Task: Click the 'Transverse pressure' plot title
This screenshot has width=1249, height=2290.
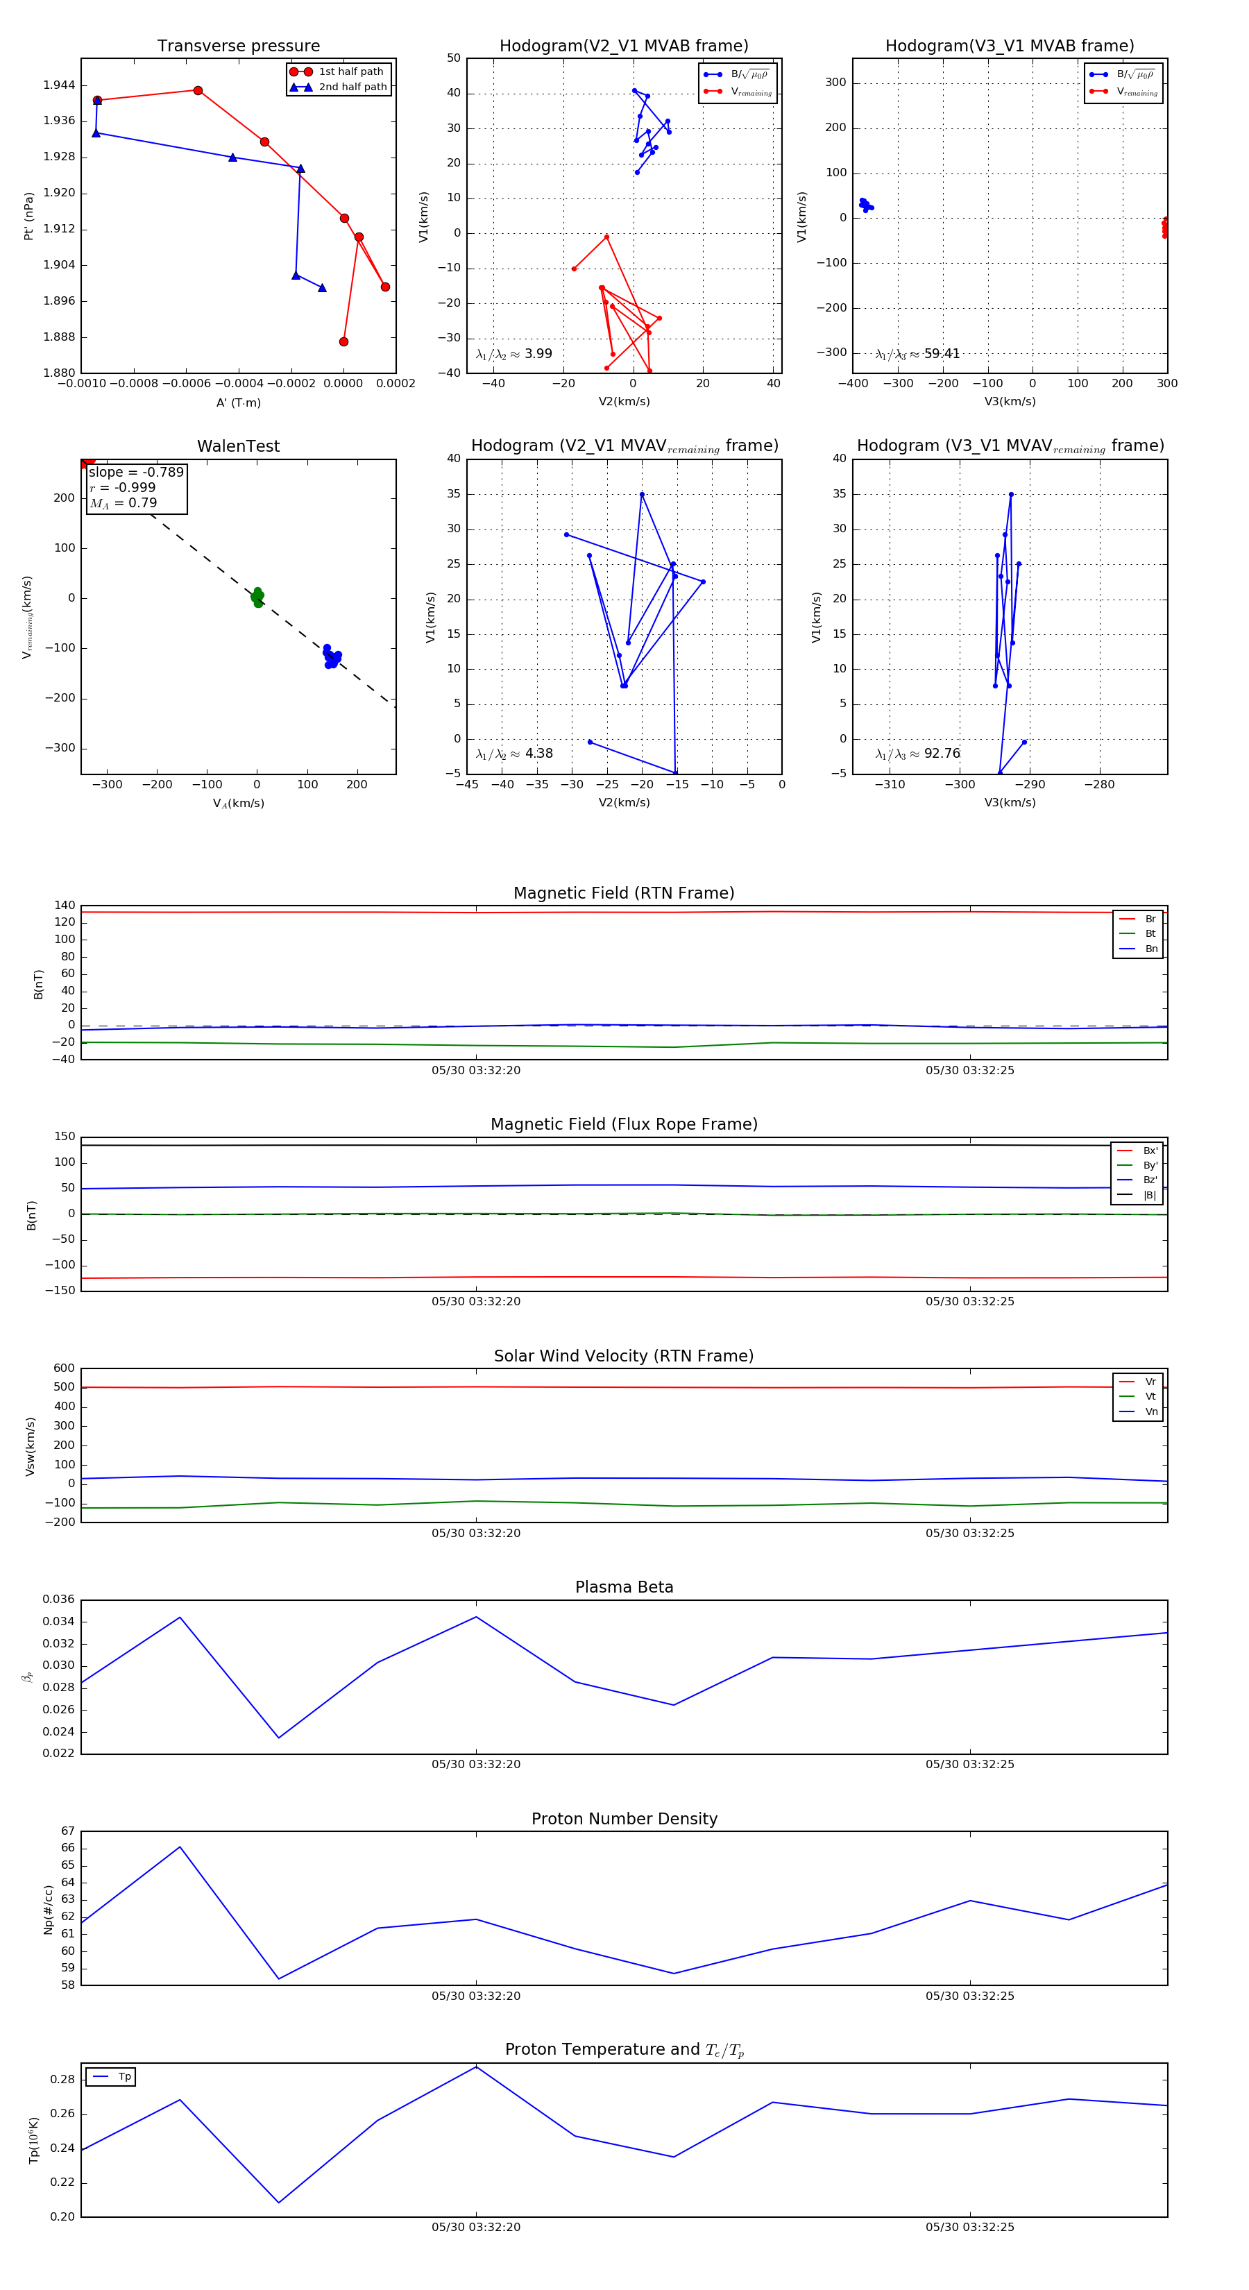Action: pos(238,46)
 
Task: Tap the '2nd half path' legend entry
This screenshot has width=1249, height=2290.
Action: pos(352,87)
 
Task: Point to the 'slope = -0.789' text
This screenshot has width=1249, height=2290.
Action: pos(136,472)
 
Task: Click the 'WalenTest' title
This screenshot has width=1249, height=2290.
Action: pos(238,446)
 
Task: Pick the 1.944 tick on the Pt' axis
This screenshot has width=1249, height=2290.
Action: pos(59,85)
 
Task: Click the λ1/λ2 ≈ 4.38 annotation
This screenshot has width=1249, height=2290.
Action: pos(513,754)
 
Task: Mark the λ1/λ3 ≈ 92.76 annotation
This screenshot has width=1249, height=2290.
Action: pos(917,754)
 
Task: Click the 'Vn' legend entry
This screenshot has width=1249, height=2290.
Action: pos(1150,1411)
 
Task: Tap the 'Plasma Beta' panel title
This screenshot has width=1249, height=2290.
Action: pos(624,1588)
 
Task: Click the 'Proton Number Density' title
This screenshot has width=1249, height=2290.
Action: pos(624,1819)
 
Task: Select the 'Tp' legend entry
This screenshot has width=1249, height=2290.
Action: pos(124,2077)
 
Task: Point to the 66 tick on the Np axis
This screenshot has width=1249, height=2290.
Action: pos(67,1848)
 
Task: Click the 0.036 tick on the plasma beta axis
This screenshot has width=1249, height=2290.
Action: pos(59,1600)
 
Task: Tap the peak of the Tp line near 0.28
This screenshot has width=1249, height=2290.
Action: pos(475,2067)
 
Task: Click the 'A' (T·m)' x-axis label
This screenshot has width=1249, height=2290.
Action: pos(238,402)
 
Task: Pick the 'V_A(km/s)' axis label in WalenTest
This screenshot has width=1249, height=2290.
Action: pos(238,804)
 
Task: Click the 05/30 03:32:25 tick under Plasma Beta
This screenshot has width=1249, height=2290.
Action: pos(969,1764)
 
